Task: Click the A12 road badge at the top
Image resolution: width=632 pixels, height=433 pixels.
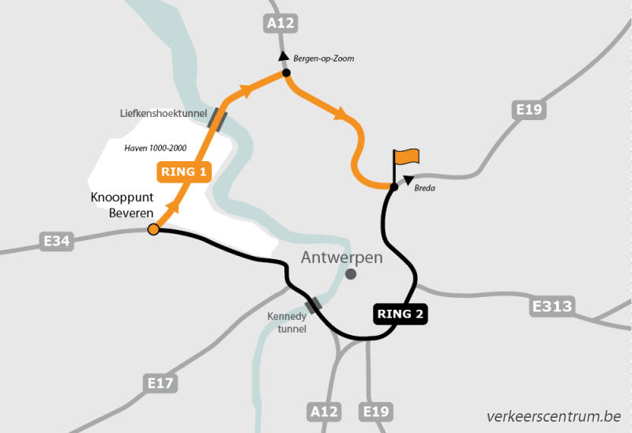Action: click(280, 24)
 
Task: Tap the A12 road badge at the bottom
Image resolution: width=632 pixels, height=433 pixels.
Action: click(325, 412)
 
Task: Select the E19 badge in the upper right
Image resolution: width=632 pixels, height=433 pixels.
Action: click(529, 110)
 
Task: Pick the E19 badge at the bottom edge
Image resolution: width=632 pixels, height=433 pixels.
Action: click(376, 412)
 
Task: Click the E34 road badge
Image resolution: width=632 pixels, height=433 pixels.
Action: click(57, 241)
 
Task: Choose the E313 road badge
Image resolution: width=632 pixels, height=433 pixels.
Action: click(553, 306)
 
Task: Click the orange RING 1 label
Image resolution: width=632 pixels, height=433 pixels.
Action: click(183, 171)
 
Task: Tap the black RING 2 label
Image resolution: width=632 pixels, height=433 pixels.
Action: click(401, 314)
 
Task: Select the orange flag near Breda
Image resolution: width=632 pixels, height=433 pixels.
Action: click(407, 157)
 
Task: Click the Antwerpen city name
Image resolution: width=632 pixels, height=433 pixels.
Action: click(342, 258)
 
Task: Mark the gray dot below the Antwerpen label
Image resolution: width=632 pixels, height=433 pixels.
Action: click(351, 274)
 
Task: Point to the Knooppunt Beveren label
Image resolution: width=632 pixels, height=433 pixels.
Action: click(121, 205)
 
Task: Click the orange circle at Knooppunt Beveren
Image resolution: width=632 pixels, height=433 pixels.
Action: click(154, 229)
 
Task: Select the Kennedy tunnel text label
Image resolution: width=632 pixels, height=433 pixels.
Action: click(285, 322)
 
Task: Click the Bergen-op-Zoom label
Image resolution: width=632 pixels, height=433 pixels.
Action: click(323, 59)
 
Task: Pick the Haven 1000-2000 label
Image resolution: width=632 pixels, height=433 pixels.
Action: click(156, 148)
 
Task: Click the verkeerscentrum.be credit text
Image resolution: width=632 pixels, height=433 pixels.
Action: click(554, 416)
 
